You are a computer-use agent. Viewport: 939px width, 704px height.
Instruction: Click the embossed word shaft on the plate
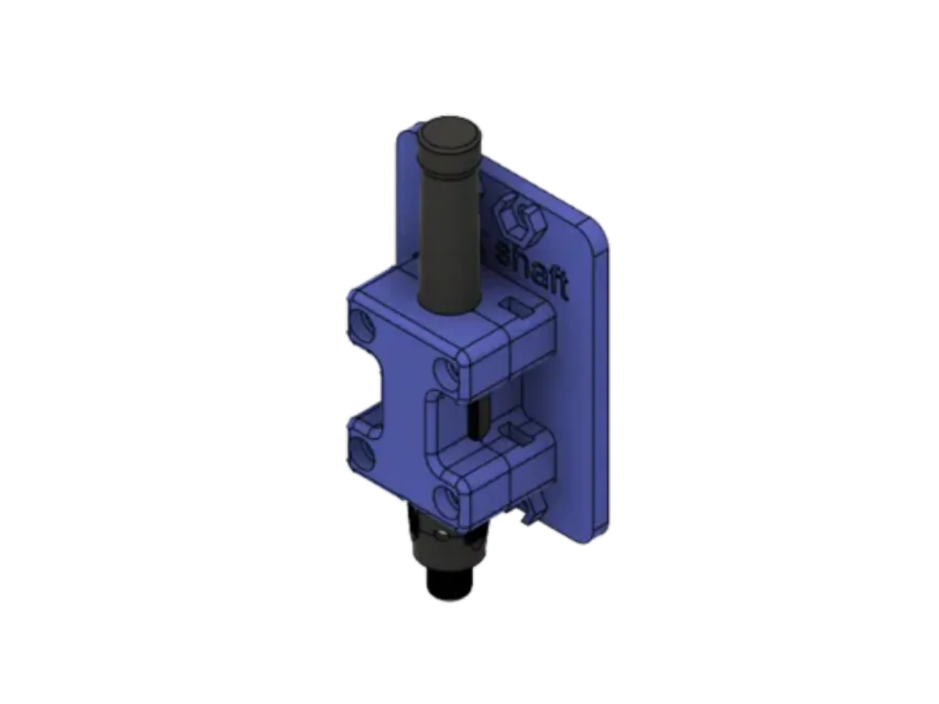[533, 269]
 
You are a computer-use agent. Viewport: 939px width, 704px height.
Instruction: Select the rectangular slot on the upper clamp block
[517, 307]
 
